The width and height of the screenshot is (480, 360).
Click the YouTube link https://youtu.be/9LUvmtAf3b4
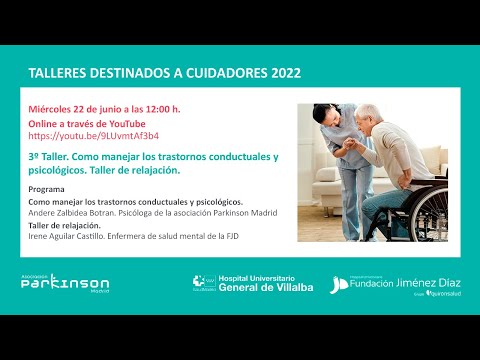click(x=80, y=135)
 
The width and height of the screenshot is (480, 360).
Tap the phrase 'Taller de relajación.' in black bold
click(x=69, y=225)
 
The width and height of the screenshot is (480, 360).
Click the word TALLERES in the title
click(x=56, y=74)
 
